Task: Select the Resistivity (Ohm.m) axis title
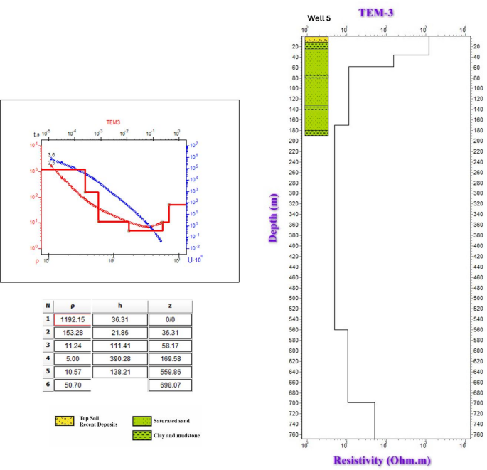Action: coord(382,460)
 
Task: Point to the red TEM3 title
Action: coord(114,122)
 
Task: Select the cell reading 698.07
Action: coord(169,385)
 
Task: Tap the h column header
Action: coord(120,306)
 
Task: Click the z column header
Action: coord(169,306)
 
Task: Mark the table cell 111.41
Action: coord(120,346)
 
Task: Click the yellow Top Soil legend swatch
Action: coord(65,421)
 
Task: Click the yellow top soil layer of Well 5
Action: coord(316,40)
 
